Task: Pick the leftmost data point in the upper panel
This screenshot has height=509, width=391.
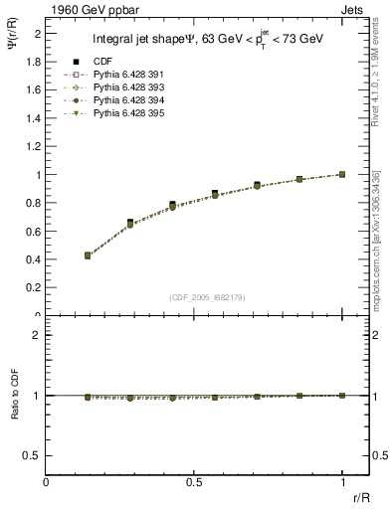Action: pos(88,255)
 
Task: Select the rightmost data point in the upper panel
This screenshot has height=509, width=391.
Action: pos(342,174)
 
